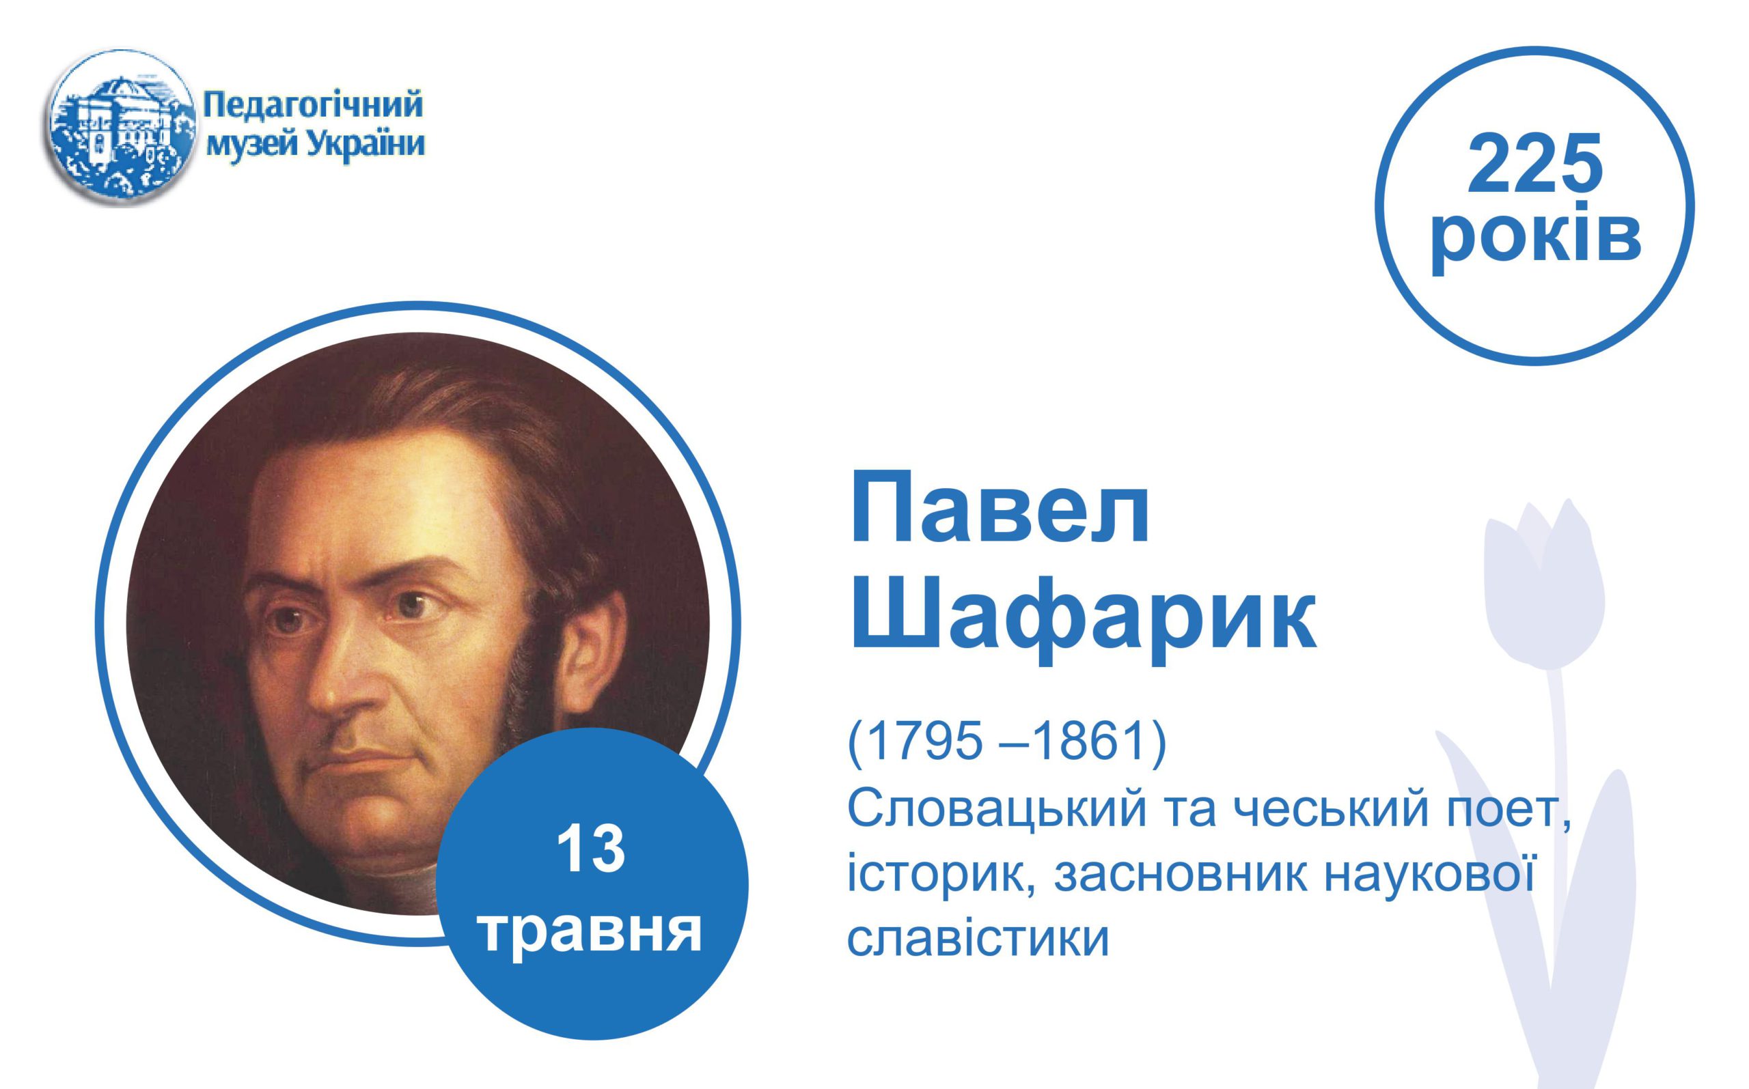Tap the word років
tap(1536, 238)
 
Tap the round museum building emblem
tap(122, 128)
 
